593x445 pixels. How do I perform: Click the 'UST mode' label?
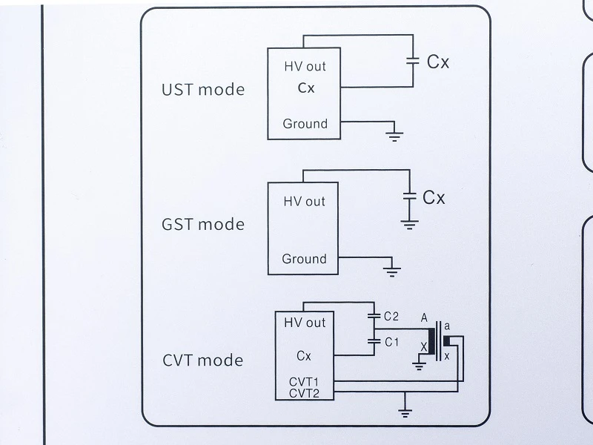pyautogui.click(x=203, y=90)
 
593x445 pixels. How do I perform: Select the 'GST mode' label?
pyautogui.click(x=203, y=225)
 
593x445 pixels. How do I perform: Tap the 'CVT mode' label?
pyautogui.click(x=202, y=360)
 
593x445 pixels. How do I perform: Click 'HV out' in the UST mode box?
pyautogui.click(x=305, y=67)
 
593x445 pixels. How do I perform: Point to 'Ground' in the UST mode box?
pyautogui.click(x=305, y=124)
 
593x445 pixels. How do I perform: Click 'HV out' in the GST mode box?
pyautogui.click(x=304, y=201)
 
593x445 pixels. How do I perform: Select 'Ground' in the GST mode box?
pyautogui.click(x=304, y=259)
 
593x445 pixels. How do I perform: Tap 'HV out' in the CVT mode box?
pyautogui.click(x=305, y=323)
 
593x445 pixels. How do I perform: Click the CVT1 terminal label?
pyautogui.click(x=304, y=382)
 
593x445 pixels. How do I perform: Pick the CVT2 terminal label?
pyautogui.click(x=304, y=394)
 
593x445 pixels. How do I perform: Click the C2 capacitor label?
pyautogui.click(x=391, y=317)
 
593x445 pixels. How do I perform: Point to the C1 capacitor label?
pyautogui.click(x=392, y=343)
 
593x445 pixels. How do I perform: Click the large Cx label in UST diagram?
pyautogui.click(x=438, y=62)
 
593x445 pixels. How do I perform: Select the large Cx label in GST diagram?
pyautogui.click(x=434, y=197)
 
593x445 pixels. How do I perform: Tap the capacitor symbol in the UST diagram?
pyautogui.click(x=413, y=61)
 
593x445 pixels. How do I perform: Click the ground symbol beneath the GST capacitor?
pyautogui.click(x=410, y=225)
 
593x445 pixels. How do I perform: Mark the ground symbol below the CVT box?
pyautogui.click(x=405, y=413)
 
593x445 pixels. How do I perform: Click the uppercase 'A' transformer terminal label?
pyautogui.click(x=424, y=318)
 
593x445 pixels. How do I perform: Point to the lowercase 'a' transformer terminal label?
pyautogui.click(x=447, y=326)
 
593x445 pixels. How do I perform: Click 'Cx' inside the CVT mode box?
pyautogui.click(x=304, y=356)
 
